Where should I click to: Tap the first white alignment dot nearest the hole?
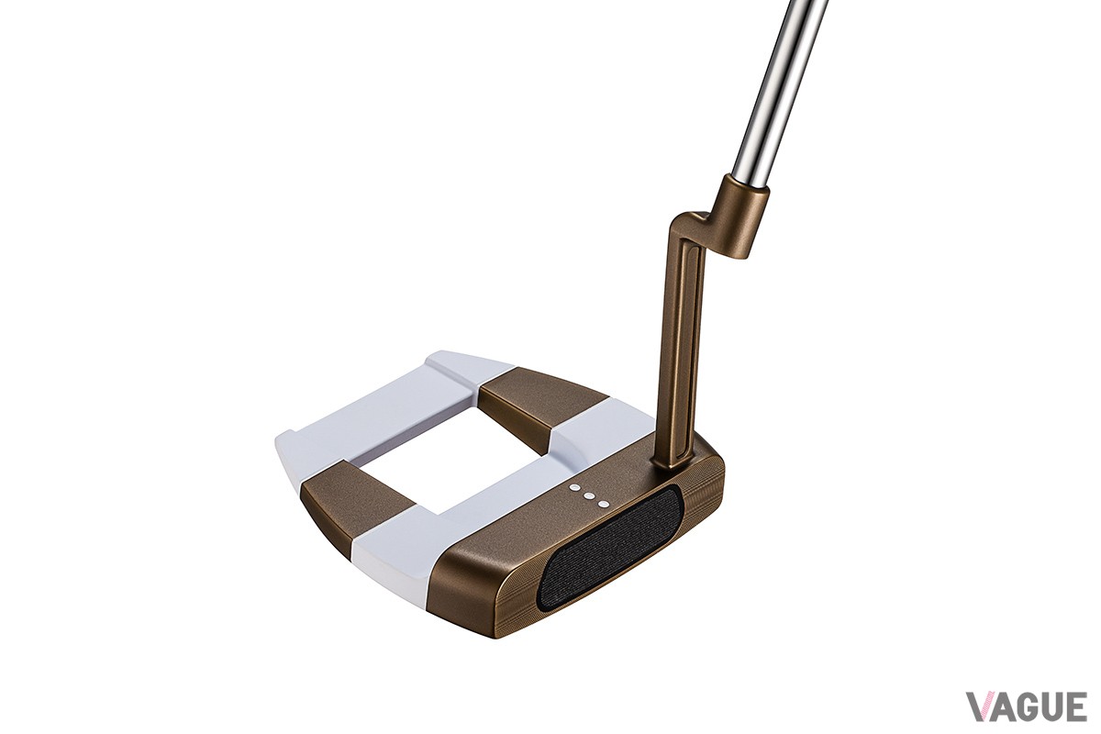point(573,488)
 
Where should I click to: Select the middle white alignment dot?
point(588,496)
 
